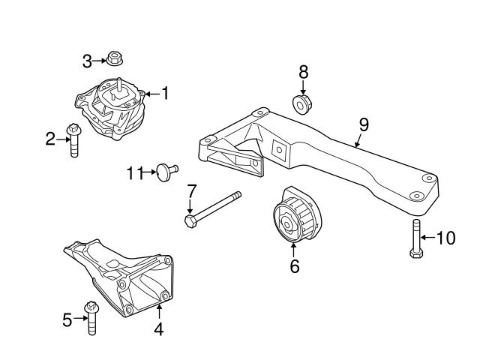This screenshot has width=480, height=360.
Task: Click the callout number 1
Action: [165, 94]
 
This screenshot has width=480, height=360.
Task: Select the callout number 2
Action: [50, 139]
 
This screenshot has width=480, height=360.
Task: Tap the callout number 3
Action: [88, 59]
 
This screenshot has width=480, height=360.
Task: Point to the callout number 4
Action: [159, 328]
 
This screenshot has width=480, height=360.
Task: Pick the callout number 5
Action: [67, 320]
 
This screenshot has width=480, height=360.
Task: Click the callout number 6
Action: [294, 265]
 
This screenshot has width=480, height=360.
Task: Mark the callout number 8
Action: [303, 73]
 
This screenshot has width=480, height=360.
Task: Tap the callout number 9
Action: [363, 124]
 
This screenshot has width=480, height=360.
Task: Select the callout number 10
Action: [445, 238]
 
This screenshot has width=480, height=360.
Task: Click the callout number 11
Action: [134, 173]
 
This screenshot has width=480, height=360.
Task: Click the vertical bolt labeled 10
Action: [415, 239]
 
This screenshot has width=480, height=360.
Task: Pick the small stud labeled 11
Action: [164, 172]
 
